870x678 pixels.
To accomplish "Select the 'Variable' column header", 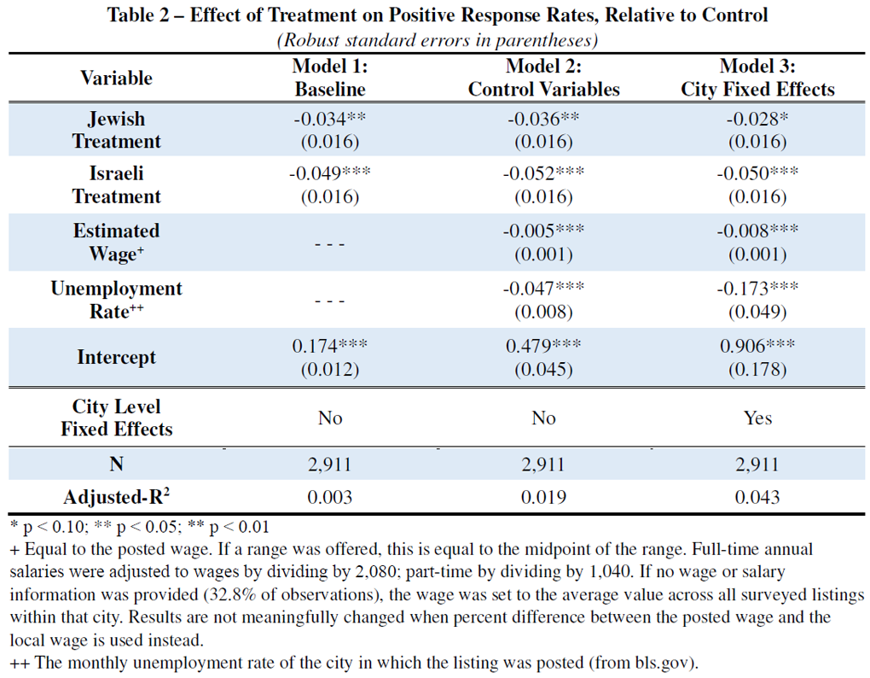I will coord(116,78).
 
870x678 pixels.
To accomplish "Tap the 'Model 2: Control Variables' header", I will coord(543,78).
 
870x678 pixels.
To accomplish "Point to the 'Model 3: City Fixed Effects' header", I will coord(757,78).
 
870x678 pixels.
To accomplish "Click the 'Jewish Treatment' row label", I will coord(116,130).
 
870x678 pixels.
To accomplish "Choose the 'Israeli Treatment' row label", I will coord(116,184).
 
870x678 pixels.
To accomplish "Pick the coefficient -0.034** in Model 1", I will coord(330,119).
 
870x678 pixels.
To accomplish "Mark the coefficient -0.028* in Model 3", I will coord(757,119).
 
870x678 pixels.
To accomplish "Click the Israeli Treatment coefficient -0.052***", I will coord(543,173).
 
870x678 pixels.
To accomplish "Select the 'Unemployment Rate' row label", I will coord(116,300).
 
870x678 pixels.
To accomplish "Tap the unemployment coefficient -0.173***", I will coord(757,289).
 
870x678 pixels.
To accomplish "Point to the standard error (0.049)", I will coord(757,312).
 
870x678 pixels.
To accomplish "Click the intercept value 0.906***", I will coord(757,346).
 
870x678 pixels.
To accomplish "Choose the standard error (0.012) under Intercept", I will coord(330,369).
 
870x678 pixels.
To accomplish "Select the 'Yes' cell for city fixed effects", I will coord(757,418).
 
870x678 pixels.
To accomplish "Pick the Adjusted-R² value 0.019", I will coord(543,497).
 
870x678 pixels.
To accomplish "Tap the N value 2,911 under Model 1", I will coord(330,465).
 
